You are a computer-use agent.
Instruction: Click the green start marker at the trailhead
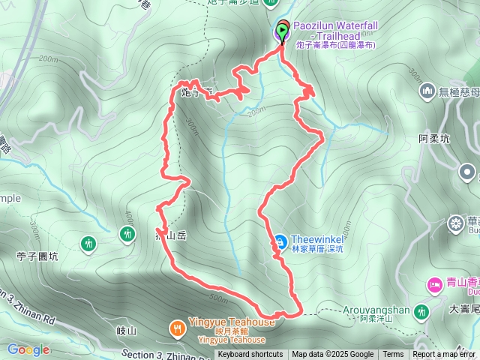pyautogui.click(x=282, y=31)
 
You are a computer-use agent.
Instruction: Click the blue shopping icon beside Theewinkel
pyautogui.click(x=279, y=241)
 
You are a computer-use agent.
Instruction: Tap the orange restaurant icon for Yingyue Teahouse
pyautogui.click(x=177, y=327)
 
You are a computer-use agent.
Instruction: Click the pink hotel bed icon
pyautogui.click(x=434, y=284)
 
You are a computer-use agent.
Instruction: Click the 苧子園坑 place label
pyautogui.click(x=37, y=256)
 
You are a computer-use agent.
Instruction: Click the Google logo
pyautogui.click(x=28, y=349)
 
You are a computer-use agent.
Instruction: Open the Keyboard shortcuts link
pyautogui.click(x=250, y=355)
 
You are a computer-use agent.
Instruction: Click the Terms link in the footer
pyautogui.click(x=393, y=355)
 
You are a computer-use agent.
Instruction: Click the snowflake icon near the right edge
pyautogui.click(x=455, y=223)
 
